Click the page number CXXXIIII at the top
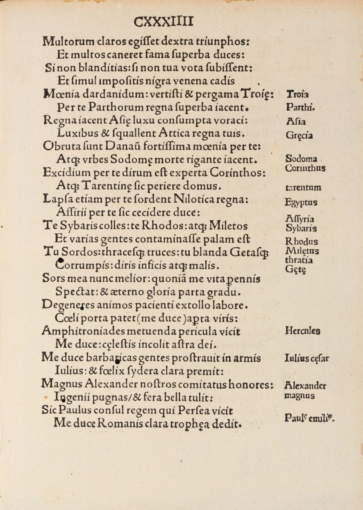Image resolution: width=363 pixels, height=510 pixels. (x=163, y=21)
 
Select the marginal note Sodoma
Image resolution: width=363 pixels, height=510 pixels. (x=301, y=158)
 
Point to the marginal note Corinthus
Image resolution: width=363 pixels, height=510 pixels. (x=305, y=168)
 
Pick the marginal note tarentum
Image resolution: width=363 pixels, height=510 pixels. (x=303, y=188)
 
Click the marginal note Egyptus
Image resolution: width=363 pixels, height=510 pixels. (x=301, y=202)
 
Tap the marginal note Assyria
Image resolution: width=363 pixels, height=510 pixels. (x=299, y=219)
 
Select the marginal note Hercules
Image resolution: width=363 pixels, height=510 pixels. (x=303, y=331)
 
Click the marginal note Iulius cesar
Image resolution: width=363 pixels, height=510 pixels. (x=306, y=358)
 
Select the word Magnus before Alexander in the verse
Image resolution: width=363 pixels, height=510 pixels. (x=62, y=384)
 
